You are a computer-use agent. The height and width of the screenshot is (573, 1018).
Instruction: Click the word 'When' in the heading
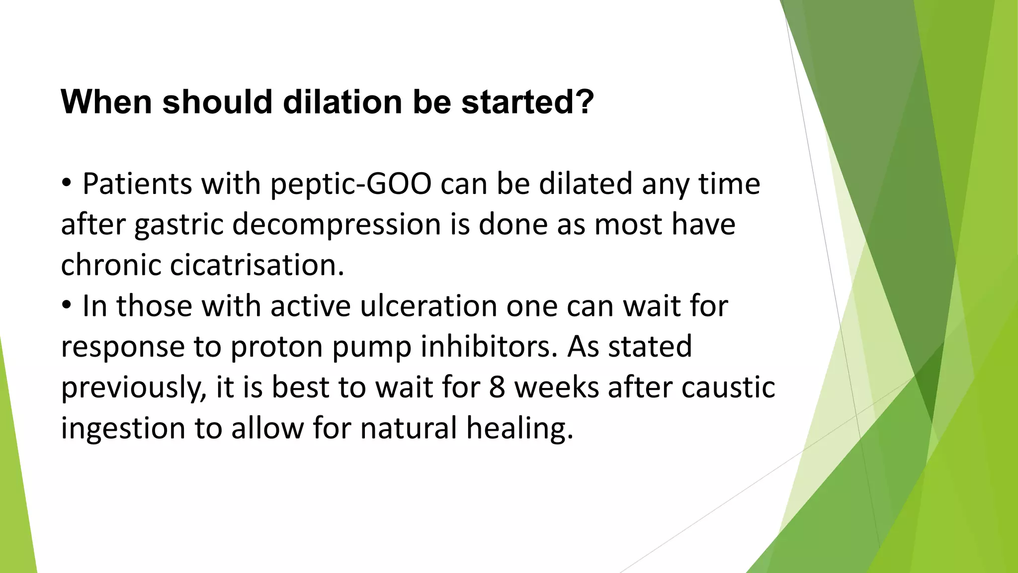tap(106, 101)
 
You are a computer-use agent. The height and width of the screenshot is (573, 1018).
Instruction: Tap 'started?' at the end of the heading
tap(527, 101)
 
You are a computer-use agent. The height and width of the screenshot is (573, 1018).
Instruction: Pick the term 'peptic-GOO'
tap(350, 184)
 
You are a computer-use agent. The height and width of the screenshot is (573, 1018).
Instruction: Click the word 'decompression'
tap(337, 225)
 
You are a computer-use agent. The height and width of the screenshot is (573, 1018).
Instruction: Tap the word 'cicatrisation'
tap(256, 265)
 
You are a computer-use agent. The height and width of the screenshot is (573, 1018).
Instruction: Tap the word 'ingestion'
tap(123, 429)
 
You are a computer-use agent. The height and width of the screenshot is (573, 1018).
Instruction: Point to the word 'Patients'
tap(137, 184)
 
